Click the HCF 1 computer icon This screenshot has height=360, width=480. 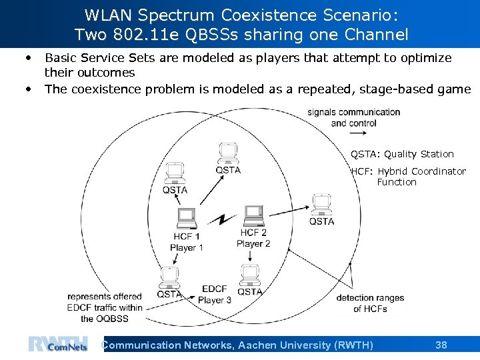tap(187, 218)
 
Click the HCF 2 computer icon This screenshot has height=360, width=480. tap(253, 215)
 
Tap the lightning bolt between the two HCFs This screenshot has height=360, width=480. tap(221, 220)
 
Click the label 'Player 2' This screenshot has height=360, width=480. tap(253, 243)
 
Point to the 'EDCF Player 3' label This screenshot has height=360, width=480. tap(215, 294)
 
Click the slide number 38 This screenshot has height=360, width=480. tap(441, 345)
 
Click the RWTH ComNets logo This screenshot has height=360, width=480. tap(57, 343)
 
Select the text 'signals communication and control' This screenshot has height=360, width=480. tap(354, 117)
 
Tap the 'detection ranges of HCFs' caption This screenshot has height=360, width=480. tap(370, 303)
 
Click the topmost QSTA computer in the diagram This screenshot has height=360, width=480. tap(228, 153)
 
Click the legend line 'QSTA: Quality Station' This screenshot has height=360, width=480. tap(402, 154)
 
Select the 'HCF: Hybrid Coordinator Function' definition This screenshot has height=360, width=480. tap(408, 176)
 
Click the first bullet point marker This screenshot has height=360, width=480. tap(29, 58)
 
